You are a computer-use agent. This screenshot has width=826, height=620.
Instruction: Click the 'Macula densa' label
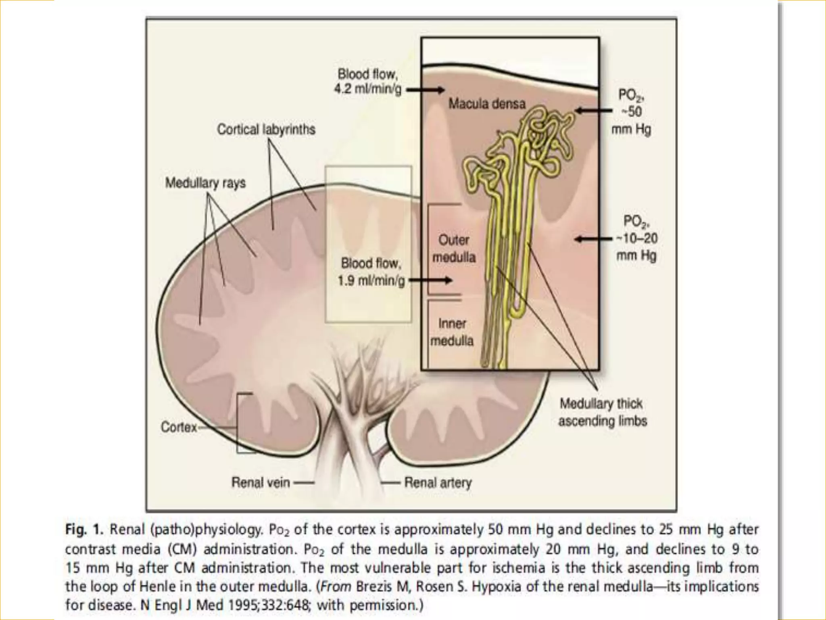487,104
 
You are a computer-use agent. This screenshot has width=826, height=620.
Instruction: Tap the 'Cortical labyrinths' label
266,130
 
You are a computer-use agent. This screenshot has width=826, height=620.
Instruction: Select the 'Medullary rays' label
205,183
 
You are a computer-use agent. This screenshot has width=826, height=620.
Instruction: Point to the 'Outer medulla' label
454,249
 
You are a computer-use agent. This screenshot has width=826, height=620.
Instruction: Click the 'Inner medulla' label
452,332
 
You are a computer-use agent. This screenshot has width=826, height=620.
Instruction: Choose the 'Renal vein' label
261,482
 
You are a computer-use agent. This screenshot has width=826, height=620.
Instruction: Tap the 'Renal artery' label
438,482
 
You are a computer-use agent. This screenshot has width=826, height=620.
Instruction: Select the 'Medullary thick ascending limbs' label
602,412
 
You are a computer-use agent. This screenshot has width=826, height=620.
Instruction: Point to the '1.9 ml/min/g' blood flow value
371,281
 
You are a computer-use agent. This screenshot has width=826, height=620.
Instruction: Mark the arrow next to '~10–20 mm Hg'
594,239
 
